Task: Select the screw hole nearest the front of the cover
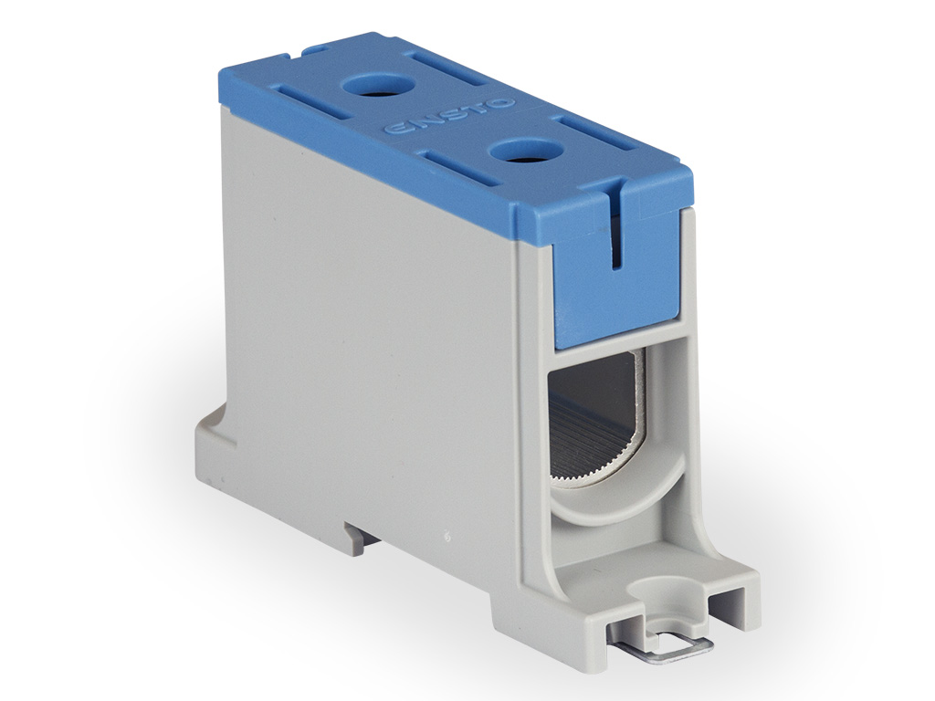pyautogui.click(x=519, y=152)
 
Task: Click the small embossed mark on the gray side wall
pyautogui.click(x=447, y=535)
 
